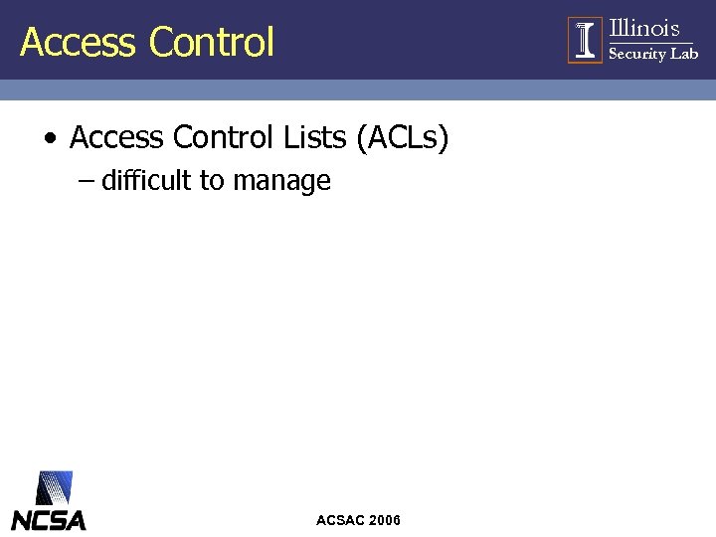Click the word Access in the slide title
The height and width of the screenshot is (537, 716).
77,42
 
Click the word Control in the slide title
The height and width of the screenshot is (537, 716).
211,42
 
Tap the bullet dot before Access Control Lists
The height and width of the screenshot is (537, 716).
50,138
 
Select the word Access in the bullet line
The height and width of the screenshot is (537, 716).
116,137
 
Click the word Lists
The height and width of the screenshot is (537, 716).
315,137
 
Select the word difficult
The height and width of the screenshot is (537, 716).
147,181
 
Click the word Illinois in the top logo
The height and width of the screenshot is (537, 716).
643,28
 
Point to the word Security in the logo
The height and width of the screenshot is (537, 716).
636,54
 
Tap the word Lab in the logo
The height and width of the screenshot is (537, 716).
684,54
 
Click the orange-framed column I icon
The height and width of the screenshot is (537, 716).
585,40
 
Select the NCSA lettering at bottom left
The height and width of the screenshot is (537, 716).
49,519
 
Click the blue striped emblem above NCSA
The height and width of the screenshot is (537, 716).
54,487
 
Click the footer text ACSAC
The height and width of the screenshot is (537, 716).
339,520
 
